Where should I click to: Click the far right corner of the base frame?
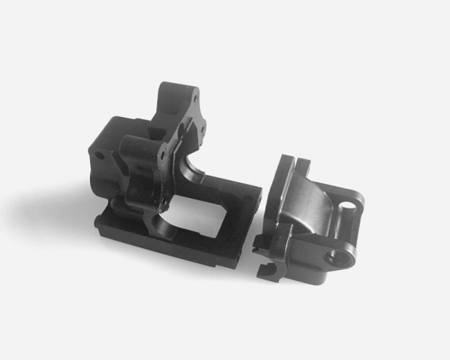pos(259,187)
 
